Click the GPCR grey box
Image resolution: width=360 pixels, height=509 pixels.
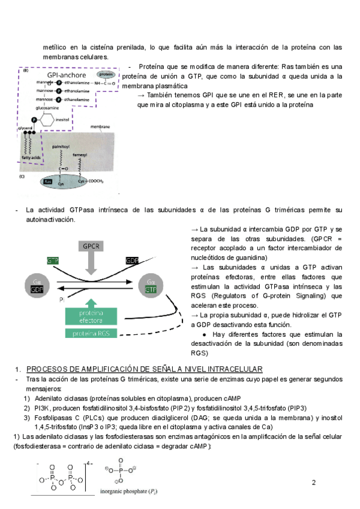click(x=91, y=246)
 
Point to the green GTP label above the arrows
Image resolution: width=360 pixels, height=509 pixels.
click(x=53, y=261)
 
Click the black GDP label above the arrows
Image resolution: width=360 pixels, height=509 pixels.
click(x=132, y=261)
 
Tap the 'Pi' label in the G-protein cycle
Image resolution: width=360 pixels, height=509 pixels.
click(x=62, y=298)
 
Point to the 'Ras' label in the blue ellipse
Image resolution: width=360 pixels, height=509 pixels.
click(x=49, y=181)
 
